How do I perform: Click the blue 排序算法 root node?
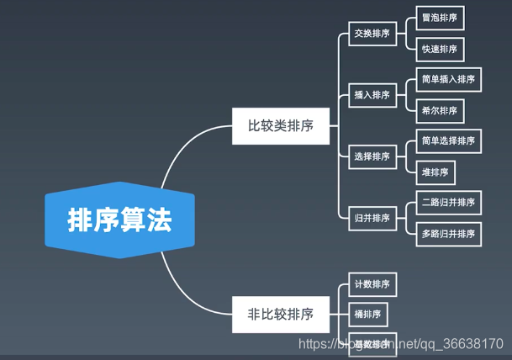click(x=119, y=220)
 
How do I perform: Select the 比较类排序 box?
click(x=280, y=126)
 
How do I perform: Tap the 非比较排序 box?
click(x=280, y=314)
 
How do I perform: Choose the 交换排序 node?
click(x=371, y=34)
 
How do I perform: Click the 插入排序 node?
click(x=371, y=95)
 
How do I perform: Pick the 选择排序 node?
click(x=371, y=156)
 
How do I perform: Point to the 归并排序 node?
click(x=371, y=218)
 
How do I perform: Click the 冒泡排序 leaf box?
click(x=440, y=18)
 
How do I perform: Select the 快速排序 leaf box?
click(x=440, y=50)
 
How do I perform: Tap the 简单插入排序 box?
click(x=448, y=80)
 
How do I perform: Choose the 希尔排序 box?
click(x=440, y=111)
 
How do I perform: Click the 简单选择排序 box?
click(x=448, y=141)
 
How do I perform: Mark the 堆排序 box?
click(x=435, y=172)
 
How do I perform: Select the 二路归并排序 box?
click(x=449, y=202)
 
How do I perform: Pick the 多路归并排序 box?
click(x=449, y=233)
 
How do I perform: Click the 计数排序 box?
click(x=371, y=283)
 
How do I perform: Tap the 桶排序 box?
click(x=367, y=315)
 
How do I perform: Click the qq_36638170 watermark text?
click(x=467, y=344)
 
